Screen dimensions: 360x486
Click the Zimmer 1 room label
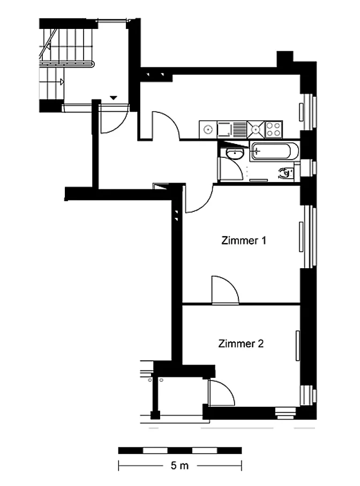(x=244, y=240)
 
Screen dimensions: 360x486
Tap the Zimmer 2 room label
(x=241, y=344)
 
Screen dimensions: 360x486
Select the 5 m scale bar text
(x=179, y=466)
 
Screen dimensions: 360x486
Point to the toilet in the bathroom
(x=287, y=173)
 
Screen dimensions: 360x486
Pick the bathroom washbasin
(x=235, y=153)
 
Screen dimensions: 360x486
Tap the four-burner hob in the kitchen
(x=274, y=129)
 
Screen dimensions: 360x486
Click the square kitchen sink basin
(x=224, y=129)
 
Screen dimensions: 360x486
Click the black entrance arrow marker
(x=114, y=97)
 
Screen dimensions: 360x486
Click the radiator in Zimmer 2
(x=298, y=346)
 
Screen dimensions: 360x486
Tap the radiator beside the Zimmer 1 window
(x=301, y=237)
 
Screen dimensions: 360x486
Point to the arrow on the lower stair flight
(x=62, y=82)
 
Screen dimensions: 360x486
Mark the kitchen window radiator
(x=301, y=112)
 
